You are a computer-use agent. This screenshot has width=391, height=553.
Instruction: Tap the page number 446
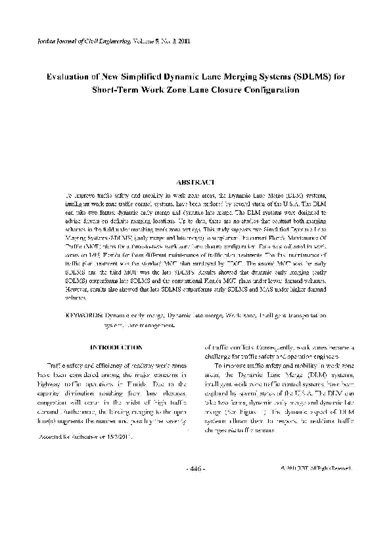(195, 469)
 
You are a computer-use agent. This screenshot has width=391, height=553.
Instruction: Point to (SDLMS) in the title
(309, 76)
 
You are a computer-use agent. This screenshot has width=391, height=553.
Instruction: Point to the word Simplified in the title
(149, 76)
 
